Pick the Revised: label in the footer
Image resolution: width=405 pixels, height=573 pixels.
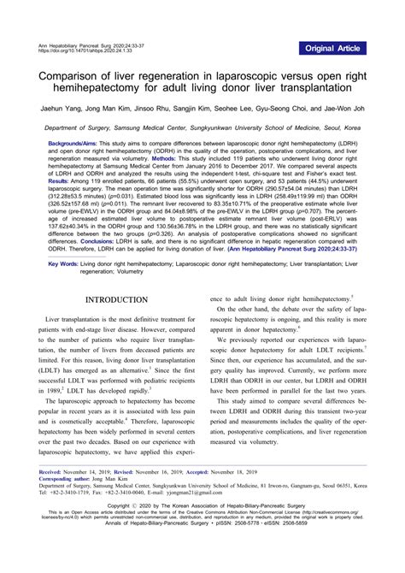(x=126, y=471)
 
